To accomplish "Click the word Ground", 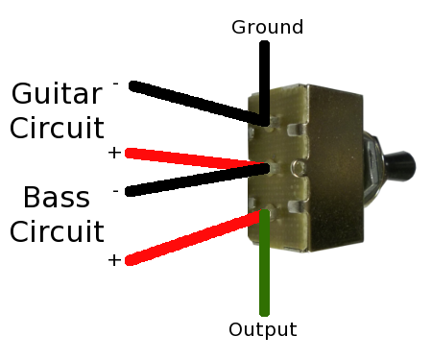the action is click(x=267, y=27).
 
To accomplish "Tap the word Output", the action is click(x=263, y=329).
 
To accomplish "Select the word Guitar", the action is click(x=57, y=93).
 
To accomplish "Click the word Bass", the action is click(x=57, y=197).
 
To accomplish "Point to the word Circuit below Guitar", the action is click(x=57, y=128).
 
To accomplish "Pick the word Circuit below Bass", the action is click(x=57, y=231).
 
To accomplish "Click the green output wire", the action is click(x=264, y=262).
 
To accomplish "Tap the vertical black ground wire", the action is click(x=264, y=84).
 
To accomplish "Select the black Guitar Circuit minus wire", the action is click(x=199, y=104).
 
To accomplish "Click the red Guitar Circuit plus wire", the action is click(x=195, y=158).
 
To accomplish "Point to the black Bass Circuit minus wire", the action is click(x=198, y=180).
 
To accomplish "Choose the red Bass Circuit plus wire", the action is click(x=194, y=237).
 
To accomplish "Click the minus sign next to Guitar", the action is click(x=115, y=84).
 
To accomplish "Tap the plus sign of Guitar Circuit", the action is click(x=114, y=153).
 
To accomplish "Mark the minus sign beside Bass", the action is click(x=115, y=191).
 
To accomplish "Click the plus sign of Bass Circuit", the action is click(x=114, y=260).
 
